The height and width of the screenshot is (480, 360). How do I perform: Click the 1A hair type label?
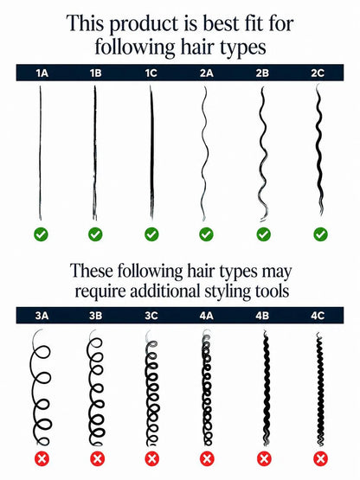click(x=42, y=74)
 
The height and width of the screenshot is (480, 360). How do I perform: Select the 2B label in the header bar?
click(x=262, y=74)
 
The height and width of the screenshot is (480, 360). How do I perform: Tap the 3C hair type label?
click(x=151, y=316)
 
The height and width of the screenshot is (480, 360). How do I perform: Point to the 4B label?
click(x=262, y=316)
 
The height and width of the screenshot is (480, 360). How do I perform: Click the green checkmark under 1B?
click(x=95, y=234)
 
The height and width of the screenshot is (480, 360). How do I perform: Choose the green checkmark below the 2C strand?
click(x=320, y=234)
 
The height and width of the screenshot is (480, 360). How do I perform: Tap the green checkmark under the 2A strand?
click(x=206, y=234)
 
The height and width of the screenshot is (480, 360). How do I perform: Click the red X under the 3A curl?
click(x=42, y=458)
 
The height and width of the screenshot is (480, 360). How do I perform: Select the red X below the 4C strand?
click(x=320, y=458)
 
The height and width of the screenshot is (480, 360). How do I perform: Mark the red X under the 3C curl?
click(x=151, y=458)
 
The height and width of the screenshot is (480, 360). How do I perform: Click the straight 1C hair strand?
click(x=151, y=153)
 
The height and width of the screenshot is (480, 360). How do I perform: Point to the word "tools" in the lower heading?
click(x=272, y=291)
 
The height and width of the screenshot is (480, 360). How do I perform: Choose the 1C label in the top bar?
click(x=151, y=74)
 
